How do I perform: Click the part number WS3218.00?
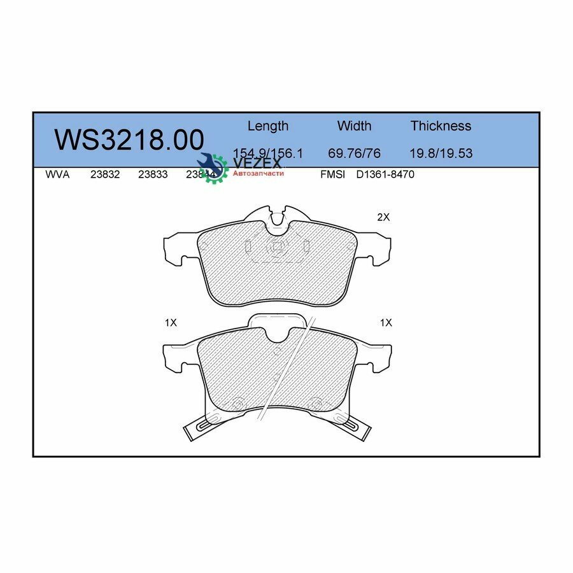coord(129,140)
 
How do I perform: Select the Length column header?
coord(267,126)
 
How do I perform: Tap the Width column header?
coord(354,126)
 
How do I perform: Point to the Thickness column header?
coord(441,126)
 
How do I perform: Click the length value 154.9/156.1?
coord(267,153)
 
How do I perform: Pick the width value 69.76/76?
coord(354,153)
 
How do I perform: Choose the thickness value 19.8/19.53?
coord(441,153)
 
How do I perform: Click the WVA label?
coord(57,174)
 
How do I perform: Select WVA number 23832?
coord(105,174)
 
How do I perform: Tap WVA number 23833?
coord(153,174)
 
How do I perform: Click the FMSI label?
coord(333,174)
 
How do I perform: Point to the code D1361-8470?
coord(385,174)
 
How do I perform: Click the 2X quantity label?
coord(383,217)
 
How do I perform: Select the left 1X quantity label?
coord(170,323)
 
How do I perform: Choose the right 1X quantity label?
coord(386,323)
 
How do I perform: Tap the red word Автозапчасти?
coord(258,173)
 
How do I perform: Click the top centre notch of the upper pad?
coord(277,217)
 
